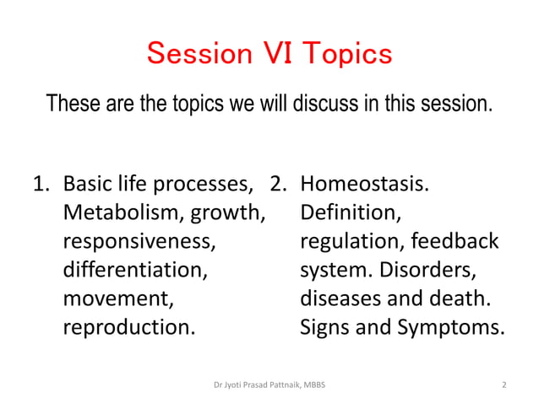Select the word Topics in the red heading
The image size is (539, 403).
coord(344,54)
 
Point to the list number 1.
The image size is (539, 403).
coord(41,183)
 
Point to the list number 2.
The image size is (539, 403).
coord(278,183)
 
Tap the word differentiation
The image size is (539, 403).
coord(134,271)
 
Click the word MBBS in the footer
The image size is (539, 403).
coord(314,385)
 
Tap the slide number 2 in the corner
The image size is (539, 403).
coord(504,385)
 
